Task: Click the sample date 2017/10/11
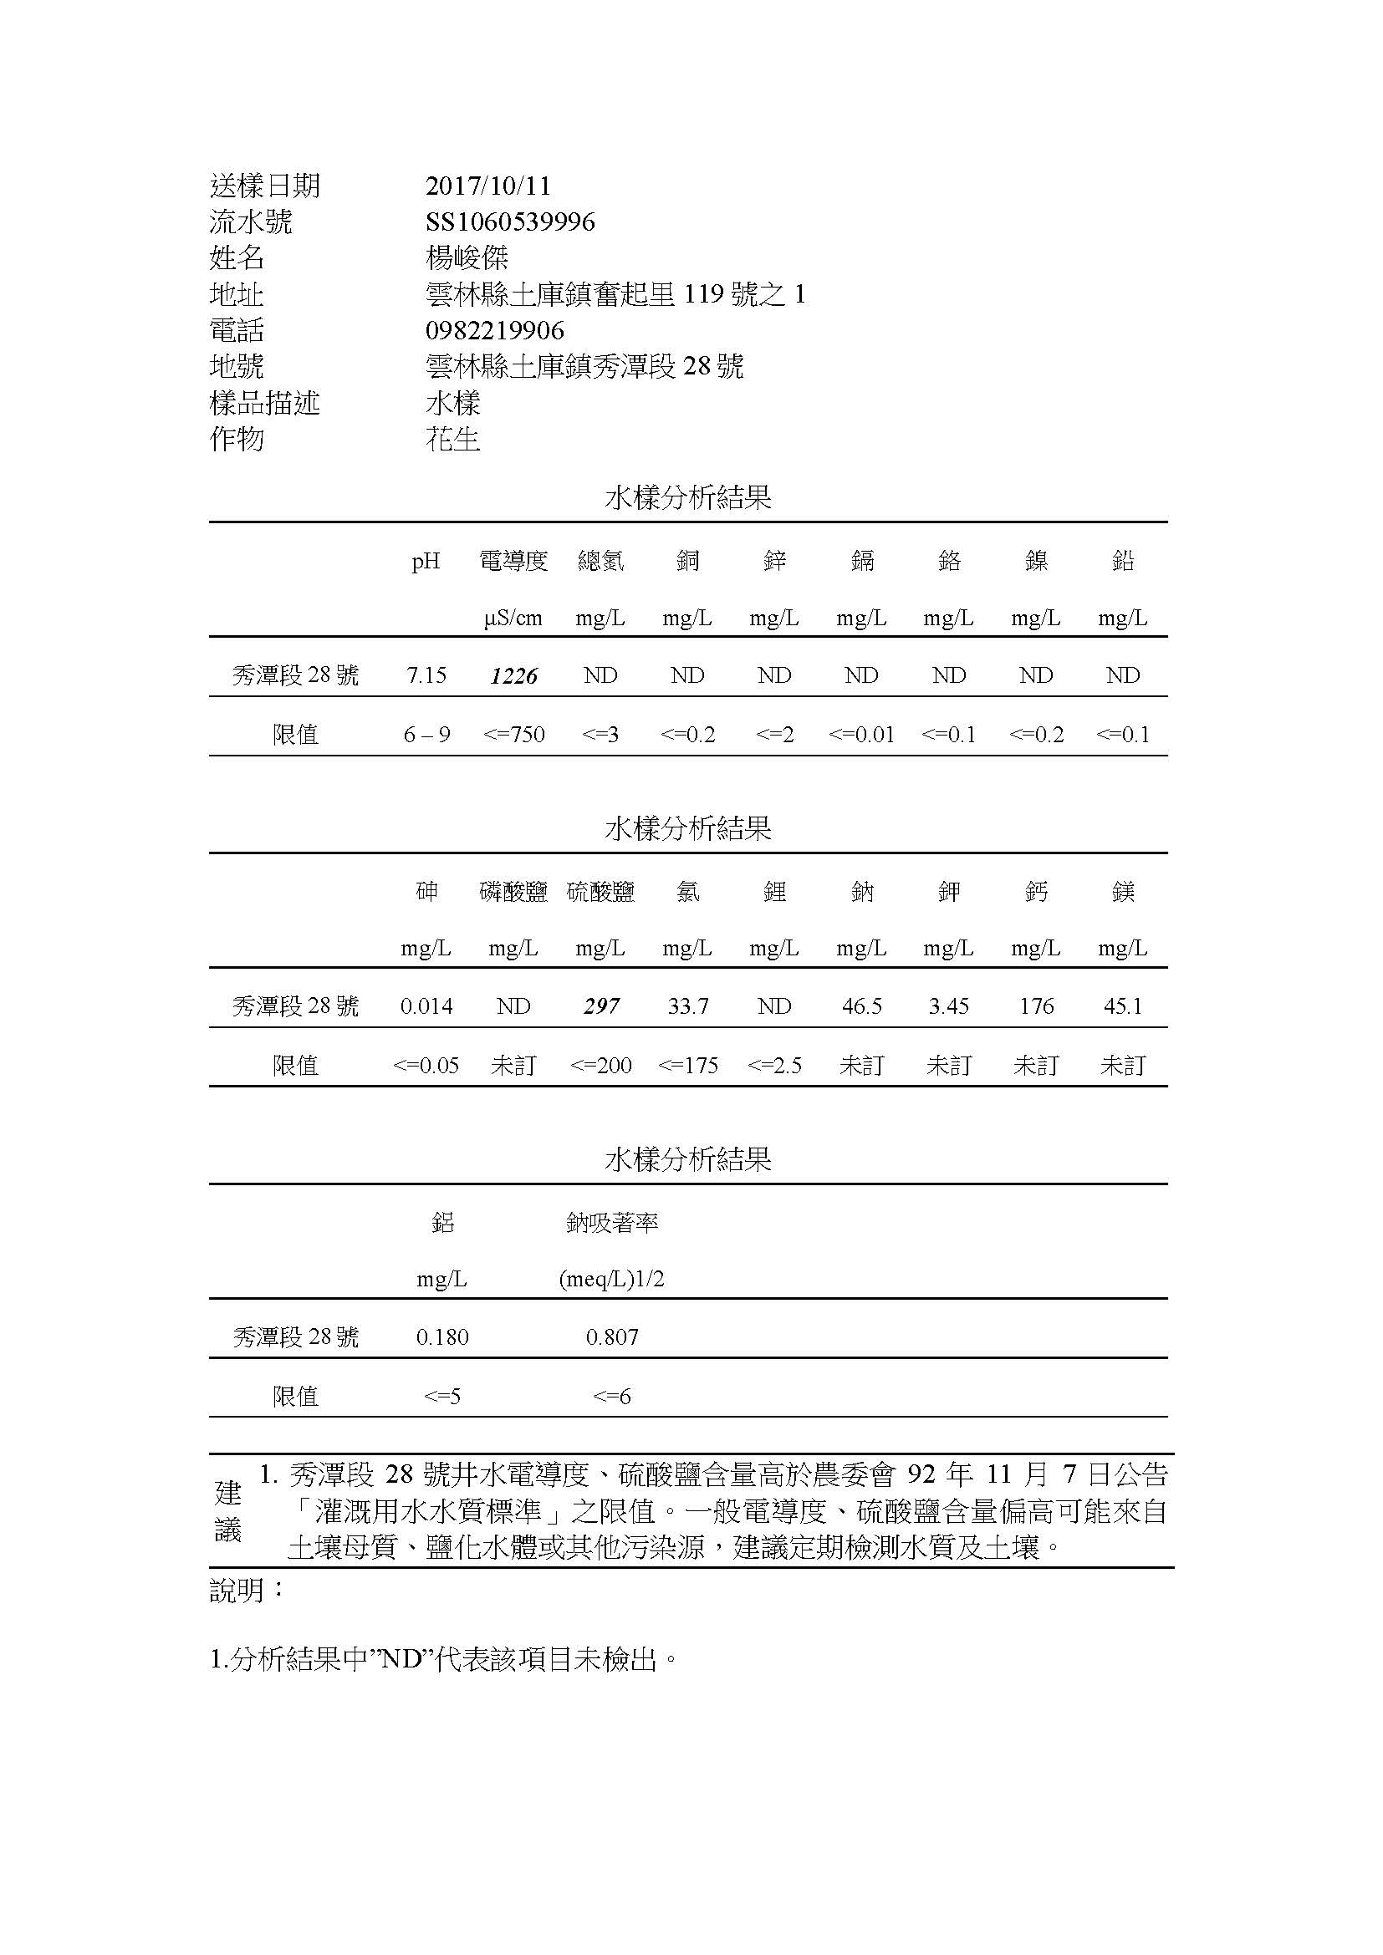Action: (x=488, y=186)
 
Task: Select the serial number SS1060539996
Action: (x=510, y=222)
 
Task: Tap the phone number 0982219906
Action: (x=495, y=330)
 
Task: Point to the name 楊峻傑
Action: (x=467, y=258)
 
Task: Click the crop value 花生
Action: (x=453, y=440)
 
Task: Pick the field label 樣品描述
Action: (x=265, y=403)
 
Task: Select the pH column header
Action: (x=426, y=561)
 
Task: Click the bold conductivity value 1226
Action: (x=513, y=676)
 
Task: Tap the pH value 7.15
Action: (x=426, y=675)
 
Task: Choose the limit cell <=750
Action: (x=513, y=735)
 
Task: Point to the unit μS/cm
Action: (x=513, y=619)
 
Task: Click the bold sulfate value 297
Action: (x=601, y=1006)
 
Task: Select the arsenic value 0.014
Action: (x=426, y=1006)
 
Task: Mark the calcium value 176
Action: (x=1036, y=1006)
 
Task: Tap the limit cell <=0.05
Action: (x=426, y=1065)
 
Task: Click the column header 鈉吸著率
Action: (x=611, y=1224)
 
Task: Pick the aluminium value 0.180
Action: (x=442, y=1337)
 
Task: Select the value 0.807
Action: (x=611, y=1337)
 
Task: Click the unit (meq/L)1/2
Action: (x=611, y=1280)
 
